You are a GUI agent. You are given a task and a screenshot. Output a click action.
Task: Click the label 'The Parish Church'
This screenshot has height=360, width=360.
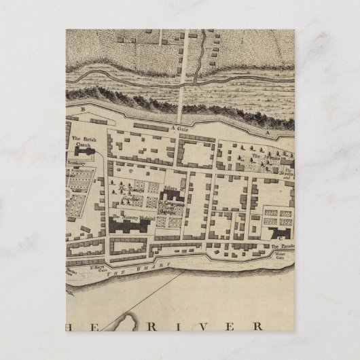(x=82, y=142)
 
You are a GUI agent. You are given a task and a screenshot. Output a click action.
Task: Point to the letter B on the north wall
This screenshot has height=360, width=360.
(x=83, y=108)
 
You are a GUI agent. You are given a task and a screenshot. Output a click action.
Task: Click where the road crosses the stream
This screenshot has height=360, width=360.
(x=182, y=82)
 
